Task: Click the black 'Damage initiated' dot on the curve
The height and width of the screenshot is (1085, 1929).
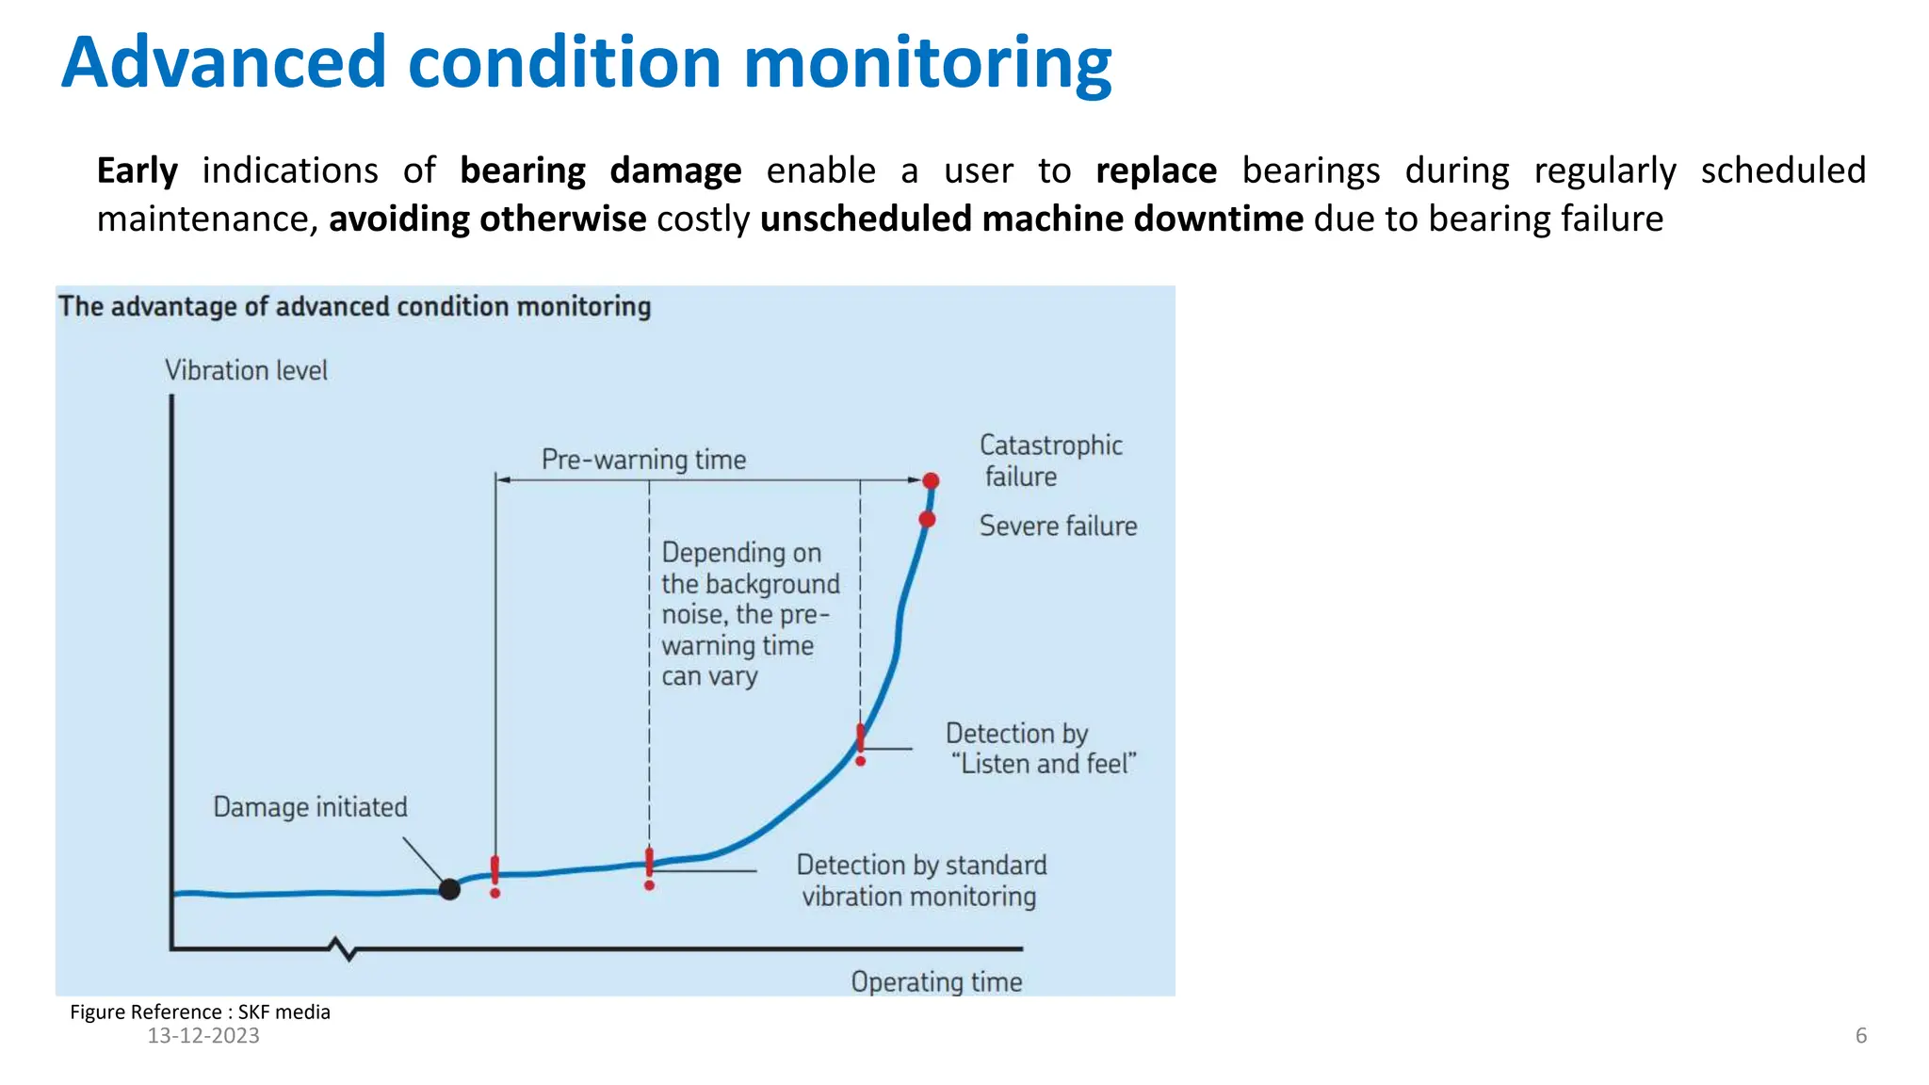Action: (449, 888)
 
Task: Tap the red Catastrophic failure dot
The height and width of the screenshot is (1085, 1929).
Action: (931, 481)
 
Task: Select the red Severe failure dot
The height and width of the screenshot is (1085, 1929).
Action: (927, 519)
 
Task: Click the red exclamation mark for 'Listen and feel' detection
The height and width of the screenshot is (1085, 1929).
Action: (860, 743)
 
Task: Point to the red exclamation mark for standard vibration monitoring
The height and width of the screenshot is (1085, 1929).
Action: (649, 867)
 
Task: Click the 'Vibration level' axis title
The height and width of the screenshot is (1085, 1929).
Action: (246, 370)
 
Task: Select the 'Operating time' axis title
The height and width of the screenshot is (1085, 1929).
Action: (936, 981)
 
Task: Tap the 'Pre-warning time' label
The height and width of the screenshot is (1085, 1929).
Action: (643, 460)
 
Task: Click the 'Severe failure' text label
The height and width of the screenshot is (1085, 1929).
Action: (1057, 526)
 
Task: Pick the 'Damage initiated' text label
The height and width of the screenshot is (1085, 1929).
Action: (310, 807)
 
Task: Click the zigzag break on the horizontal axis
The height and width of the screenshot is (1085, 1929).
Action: (345, 948)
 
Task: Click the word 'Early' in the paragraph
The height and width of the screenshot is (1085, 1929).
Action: (137, 170)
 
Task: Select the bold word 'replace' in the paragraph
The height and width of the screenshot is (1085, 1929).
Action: (1156, 170)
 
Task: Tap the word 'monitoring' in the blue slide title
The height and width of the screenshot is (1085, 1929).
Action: (927, 62)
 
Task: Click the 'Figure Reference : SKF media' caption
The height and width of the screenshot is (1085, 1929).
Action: (200, 1012)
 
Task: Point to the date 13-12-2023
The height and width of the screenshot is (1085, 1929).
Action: (203, 1035)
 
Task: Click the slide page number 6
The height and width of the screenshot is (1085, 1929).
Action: (1860, 1035)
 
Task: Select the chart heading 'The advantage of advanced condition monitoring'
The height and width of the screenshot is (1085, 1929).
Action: (354, 307)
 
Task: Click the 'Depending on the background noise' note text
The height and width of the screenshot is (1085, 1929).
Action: (750, 613)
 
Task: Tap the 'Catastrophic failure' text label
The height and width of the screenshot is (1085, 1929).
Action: (1049, 460)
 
